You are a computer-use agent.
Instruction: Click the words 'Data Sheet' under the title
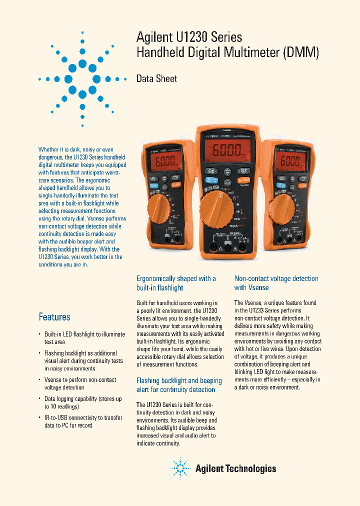point(156,78)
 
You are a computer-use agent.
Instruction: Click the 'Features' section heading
point(54,317)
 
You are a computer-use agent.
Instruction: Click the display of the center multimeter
point(228,149)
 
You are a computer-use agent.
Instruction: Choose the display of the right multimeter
point(290,161)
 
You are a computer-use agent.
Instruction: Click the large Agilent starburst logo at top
point(82,79)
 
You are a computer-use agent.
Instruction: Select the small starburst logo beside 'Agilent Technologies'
point(180,468)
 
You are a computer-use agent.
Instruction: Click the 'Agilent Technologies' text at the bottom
point(235,468)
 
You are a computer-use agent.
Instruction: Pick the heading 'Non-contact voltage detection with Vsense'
point(276,283)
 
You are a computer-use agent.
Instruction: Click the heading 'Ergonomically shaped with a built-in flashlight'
point(176,283)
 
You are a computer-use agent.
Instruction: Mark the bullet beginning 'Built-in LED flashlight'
point(84,338)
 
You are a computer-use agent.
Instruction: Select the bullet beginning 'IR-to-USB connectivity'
point(82,421)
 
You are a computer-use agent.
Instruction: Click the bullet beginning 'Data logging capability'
point(82,402)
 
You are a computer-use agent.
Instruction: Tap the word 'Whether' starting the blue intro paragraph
point(49,149)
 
